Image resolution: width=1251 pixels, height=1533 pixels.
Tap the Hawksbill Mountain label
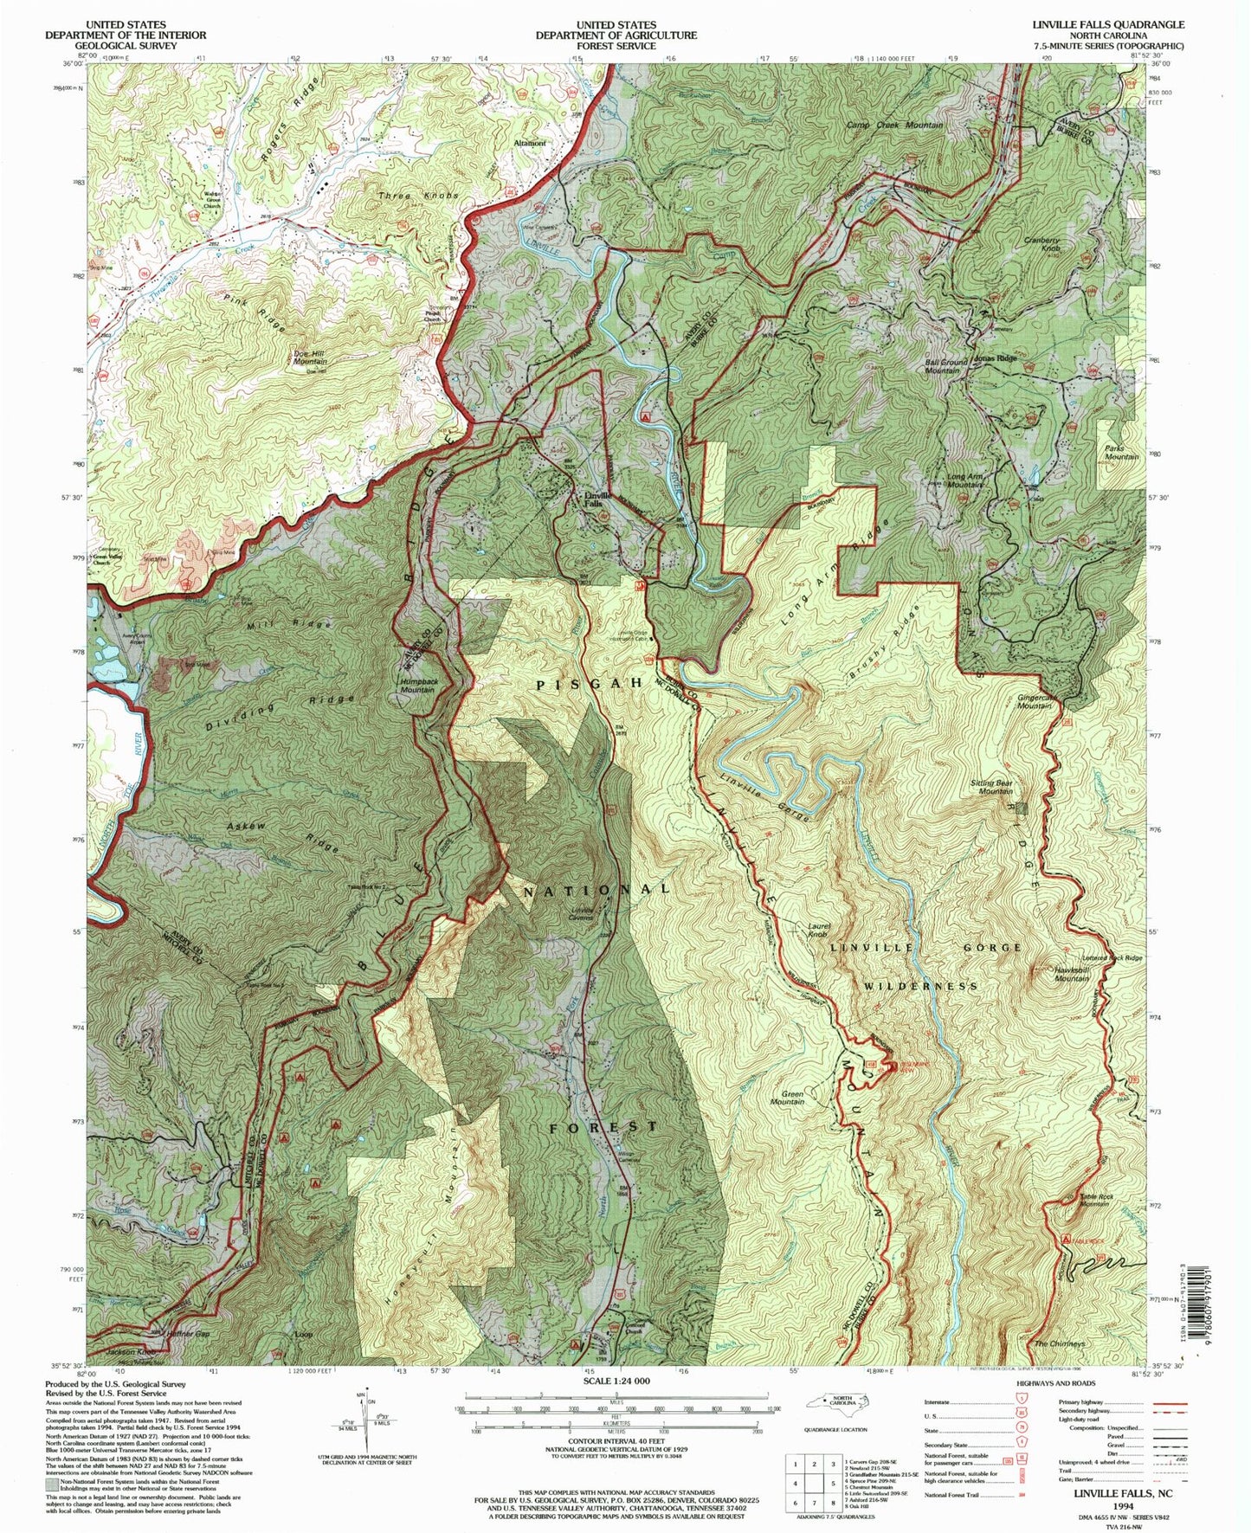point(1071,973)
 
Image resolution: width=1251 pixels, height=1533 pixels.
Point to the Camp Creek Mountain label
point(893,126)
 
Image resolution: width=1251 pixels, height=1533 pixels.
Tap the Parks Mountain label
point(1121,452)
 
